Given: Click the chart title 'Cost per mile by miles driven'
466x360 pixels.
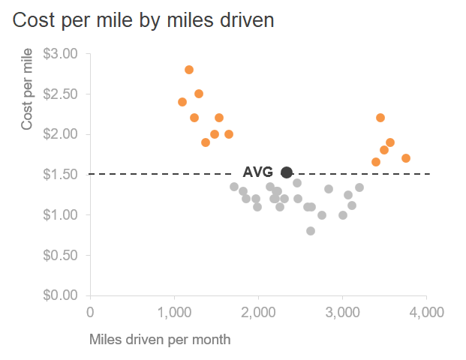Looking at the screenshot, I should pyautogui.click(x=143, y=20).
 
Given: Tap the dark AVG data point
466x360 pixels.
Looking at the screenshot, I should pyautogui.click(x=287, y=172).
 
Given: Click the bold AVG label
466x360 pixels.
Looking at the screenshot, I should pyautogui.click(x=258, y=172).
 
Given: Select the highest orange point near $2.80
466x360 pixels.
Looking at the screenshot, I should pyautogui.click(x=189, y=70).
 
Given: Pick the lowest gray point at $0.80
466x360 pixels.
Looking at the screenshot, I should pyautogui.click(x=311, y=231).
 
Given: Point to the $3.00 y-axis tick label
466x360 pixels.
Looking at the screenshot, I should pyautogui.click(x=61, y=54).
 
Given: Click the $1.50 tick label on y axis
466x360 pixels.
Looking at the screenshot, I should pyautogui.click(x=61, y=175).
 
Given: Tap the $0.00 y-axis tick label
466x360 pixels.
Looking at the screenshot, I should pyautogui.click(x=61, y=295).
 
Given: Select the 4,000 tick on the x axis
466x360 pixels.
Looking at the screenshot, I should pyautogui.click(x=426, y=312).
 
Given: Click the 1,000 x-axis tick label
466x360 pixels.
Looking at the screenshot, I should pyautogui.click(x=174, y=312).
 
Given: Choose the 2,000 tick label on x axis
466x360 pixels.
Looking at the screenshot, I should pyautogui.click(x=258, y=312).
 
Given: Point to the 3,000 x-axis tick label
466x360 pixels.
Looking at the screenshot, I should pyautogui.click(x=342, y=312).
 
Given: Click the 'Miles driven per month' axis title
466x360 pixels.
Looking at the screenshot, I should pyautogui.click(x=160, y=339).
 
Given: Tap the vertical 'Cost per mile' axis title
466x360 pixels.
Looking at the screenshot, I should pyautogui.click(x=27, y=88).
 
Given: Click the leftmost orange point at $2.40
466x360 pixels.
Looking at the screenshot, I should pyautogui.click(x=182, y=102).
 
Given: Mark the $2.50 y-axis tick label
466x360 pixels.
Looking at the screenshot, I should pyautogui.click(x=61, y=94).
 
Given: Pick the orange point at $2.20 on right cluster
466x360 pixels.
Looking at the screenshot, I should pyautogui.click(x=380, y=118).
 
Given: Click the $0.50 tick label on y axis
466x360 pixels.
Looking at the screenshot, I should pyautogui.click(x=61, y=255).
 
